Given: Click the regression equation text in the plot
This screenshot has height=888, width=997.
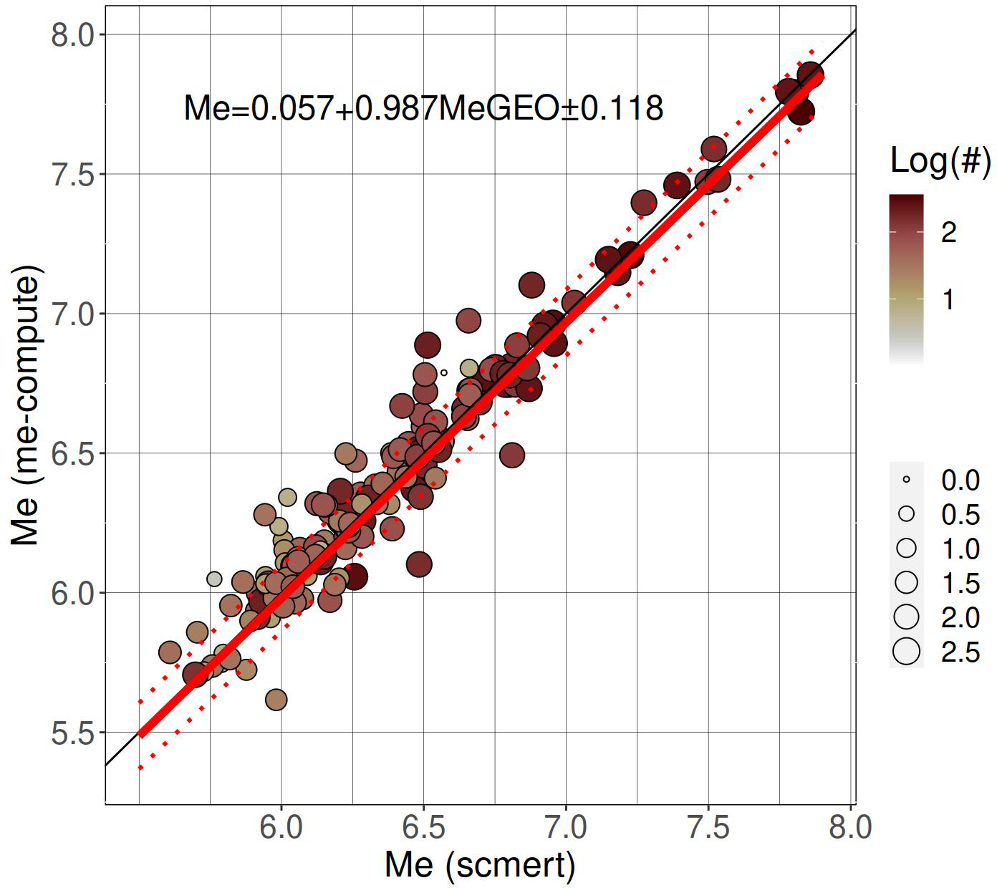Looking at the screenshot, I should [x=423, y=108].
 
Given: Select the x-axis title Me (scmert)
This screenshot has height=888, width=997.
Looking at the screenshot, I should [x=480, y=865].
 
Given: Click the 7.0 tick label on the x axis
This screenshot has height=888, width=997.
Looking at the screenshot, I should [x=566, y=828].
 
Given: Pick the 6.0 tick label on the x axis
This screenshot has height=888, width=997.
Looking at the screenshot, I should [x=281, y=828].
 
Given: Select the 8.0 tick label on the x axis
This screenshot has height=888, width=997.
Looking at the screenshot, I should [x=851, y=828].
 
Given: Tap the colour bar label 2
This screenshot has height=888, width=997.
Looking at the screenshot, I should [x=949, y=232].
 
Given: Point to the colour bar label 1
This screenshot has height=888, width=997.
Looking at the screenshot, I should [x=949, y=299].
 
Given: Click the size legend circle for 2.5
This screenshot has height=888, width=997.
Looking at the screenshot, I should [x=907, y=652].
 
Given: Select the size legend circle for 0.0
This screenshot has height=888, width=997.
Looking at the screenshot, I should [x=907, y=479].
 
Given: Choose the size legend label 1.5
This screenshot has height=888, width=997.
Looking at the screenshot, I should [x=960, y=583].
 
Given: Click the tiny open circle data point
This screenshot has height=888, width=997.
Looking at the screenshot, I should [x=444, y=372].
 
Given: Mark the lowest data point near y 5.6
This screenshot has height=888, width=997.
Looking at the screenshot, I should [x=276, y=700].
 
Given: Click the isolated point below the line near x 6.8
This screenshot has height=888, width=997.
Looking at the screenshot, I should [x=512, y=454].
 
